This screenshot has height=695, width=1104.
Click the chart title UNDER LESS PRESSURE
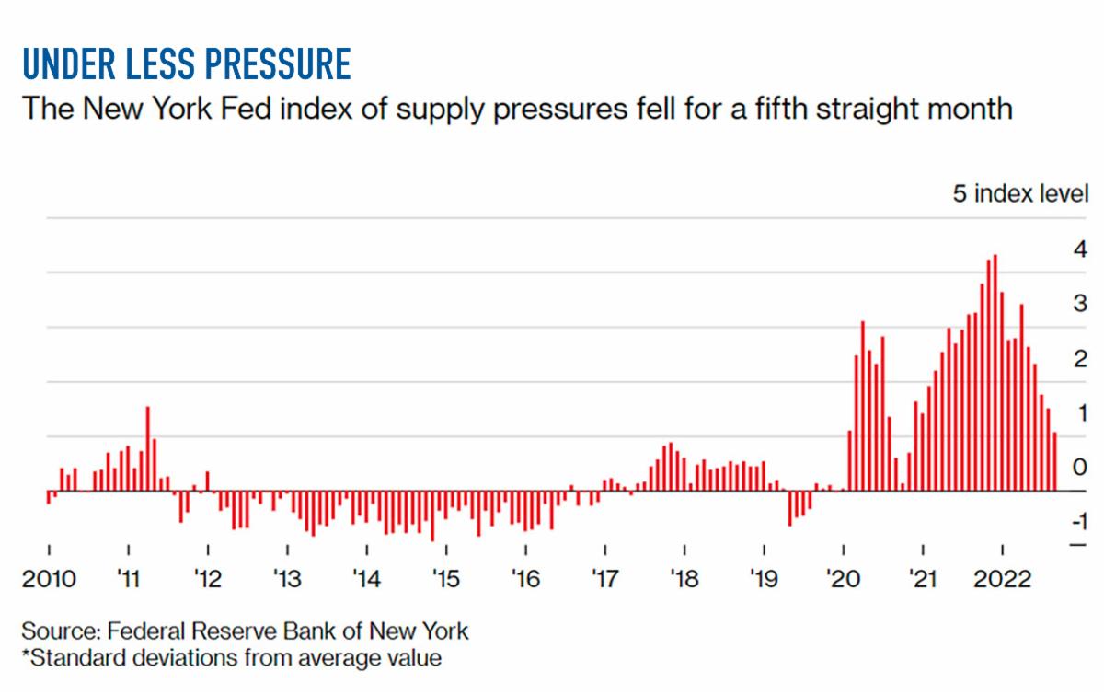(x=185, y=64)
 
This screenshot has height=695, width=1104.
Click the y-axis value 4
(x=1081, y=249)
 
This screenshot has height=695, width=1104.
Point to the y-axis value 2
(x=1081, y=357)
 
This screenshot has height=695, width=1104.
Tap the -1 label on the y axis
(x=1077, y=520)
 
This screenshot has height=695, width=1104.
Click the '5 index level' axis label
(x=1020, y=195)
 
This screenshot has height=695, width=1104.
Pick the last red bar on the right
(x=1054, y=461)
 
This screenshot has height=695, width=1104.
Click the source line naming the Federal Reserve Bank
(x=245, y=632)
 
